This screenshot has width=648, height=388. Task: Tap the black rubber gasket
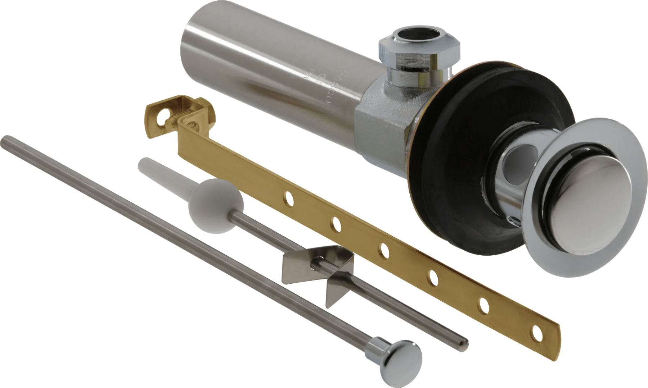tap(450, 187)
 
